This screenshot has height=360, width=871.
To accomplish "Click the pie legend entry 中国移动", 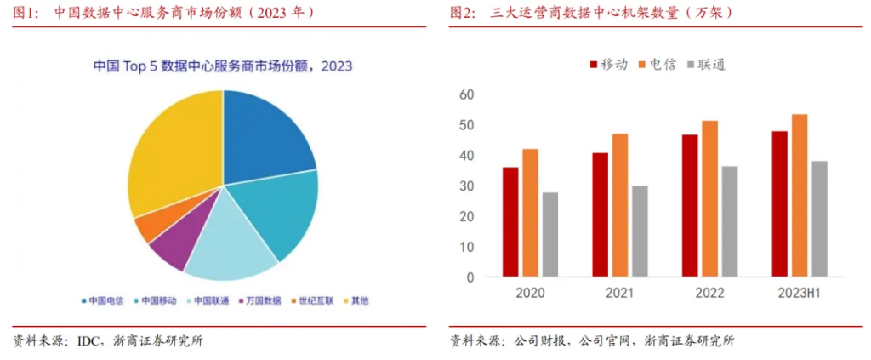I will coord(155,300).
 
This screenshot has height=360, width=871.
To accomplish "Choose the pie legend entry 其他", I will coord(355,300).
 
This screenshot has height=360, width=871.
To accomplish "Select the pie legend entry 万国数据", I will coord(260,300).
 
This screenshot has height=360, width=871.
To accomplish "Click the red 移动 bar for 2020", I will coord(510,221).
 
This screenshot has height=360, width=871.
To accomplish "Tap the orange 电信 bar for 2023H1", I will coord(800,195).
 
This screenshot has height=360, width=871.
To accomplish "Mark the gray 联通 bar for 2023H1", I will coord(820,219).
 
